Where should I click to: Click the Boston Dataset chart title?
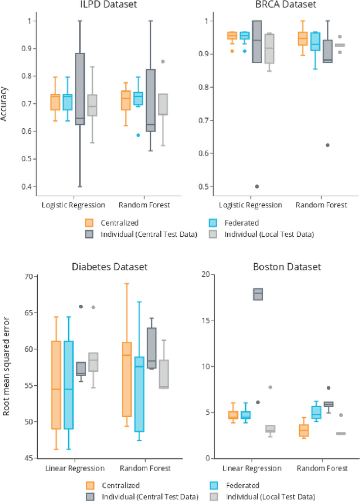276,267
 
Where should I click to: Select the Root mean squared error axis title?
6,366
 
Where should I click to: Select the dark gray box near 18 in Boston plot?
258,294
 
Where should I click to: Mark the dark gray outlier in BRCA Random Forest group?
327,145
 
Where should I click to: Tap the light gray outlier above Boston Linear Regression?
271,387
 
